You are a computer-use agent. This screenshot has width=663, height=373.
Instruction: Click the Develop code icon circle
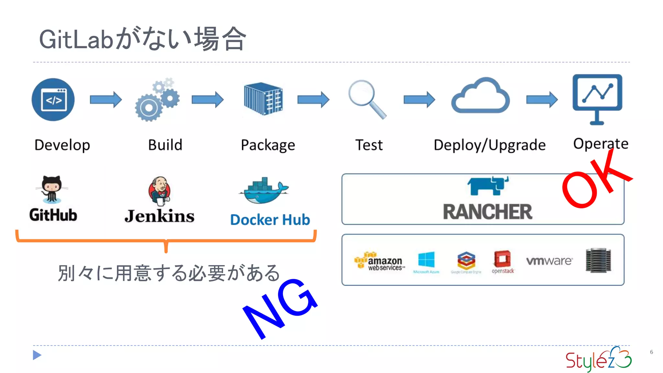point(53,99)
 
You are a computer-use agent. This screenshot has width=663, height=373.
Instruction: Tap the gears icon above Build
point(157,100)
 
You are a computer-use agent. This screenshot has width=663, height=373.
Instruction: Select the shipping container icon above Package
point(263,98)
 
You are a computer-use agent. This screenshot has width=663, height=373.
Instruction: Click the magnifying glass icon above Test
point(366,98)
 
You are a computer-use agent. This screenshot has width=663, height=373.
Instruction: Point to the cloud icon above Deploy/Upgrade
point(480,96)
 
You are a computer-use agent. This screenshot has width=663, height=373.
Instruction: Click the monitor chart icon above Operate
point(597,97)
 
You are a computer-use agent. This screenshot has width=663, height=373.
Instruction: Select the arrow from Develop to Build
point(106,99)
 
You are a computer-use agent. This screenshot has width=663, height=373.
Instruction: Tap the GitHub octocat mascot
point(52,189)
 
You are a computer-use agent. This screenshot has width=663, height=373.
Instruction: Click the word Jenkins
point(160,216)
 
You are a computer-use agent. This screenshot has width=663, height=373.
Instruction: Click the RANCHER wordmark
point(487,212)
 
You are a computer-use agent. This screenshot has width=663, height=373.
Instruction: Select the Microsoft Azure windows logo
point(426,260)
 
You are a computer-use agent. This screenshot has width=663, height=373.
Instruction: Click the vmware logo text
point(549,261)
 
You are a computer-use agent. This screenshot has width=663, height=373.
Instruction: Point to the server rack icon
point(598,260)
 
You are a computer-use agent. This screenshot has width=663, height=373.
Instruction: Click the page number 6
point(651,352)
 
